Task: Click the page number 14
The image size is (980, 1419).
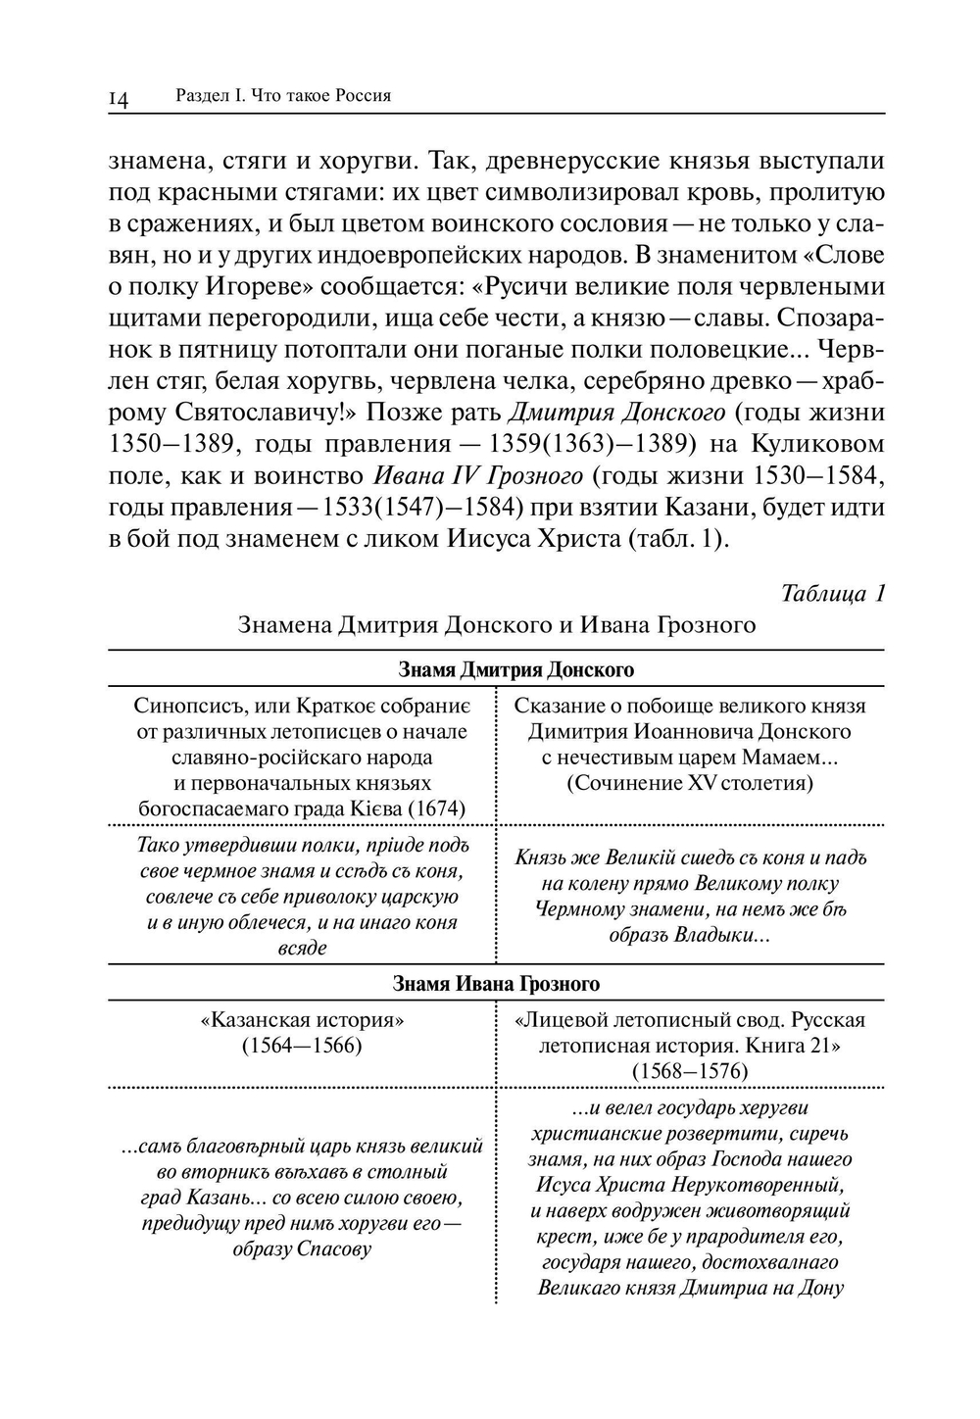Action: (119, 98)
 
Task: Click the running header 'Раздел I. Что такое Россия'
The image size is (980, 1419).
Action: (283, 95)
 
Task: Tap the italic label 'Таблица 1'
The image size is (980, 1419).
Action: (833, 594)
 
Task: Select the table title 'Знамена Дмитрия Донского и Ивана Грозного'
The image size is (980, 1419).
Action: (496, 625)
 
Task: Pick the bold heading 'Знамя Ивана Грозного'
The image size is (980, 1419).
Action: (496, 984)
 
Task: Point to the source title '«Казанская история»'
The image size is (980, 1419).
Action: (302, 1020)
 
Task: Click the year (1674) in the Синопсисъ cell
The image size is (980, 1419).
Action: (435, 808)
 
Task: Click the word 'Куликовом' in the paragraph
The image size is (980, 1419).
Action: (817, 444)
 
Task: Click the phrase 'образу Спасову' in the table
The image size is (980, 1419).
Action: (302, 1248)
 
